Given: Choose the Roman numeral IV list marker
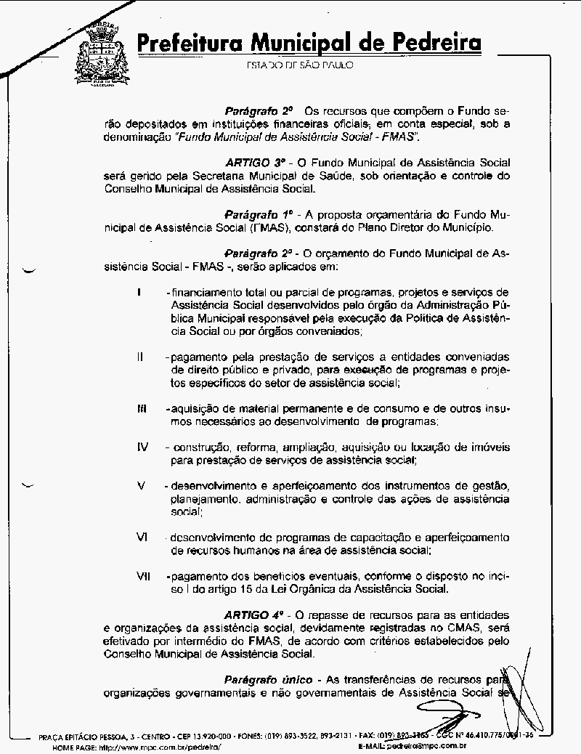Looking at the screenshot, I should pos(142,447).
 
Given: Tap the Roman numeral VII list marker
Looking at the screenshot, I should pos(143,576).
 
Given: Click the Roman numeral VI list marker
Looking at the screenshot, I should pos(142,537).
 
